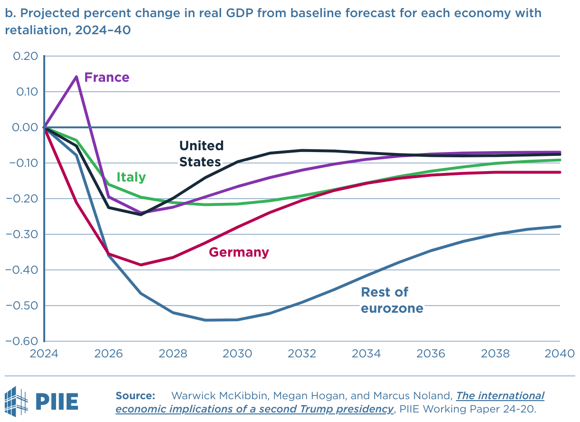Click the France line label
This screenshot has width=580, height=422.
point(106,77)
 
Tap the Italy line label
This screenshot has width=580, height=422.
point(131,177)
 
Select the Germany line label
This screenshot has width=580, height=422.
point(239,252)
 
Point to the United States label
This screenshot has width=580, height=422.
point(201,153)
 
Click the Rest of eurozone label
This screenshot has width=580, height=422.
point(392,300)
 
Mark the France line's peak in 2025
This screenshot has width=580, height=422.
point(77,76)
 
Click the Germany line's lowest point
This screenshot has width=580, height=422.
point(141,265)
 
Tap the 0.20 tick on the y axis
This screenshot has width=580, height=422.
point(24,56)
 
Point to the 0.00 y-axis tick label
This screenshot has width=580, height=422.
point(24,127)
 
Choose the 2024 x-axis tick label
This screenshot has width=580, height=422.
point(44,354)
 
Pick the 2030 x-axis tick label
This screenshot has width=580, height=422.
point(238,354)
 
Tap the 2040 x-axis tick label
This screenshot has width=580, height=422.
point(560,354)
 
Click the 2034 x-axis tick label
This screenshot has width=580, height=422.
point(367,354)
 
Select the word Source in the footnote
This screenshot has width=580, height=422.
point(135,396)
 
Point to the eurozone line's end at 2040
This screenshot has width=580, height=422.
point(560,226)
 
